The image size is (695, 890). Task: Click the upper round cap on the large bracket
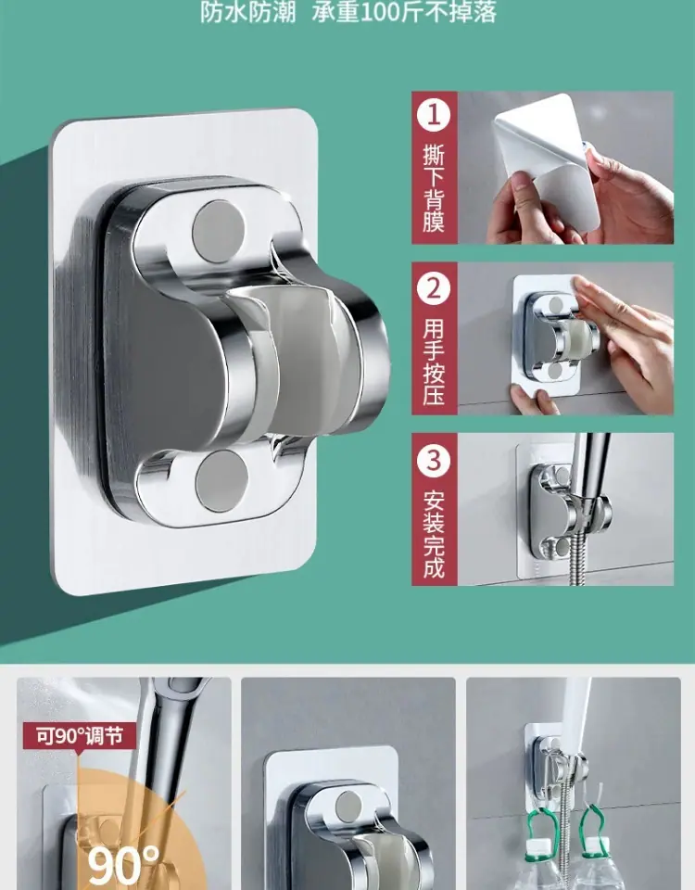[219, 232]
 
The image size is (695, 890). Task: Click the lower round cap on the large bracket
[221, 481]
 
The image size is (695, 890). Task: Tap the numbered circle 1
[434, 115]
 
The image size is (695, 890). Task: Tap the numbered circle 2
[434, 286]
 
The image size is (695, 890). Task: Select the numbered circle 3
[434, 460]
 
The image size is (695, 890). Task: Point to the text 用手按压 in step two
[434, 361]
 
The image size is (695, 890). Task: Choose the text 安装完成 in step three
[434, 534]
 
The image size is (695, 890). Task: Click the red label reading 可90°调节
[80, 736]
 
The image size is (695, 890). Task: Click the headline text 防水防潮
[248, 12]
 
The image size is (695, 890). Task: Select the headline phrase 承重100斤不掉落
[404, 12]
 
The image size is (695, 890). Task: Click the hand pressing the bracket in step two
[624, 340]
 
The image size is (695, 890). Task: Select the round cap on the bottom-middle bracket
[347, 806]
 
